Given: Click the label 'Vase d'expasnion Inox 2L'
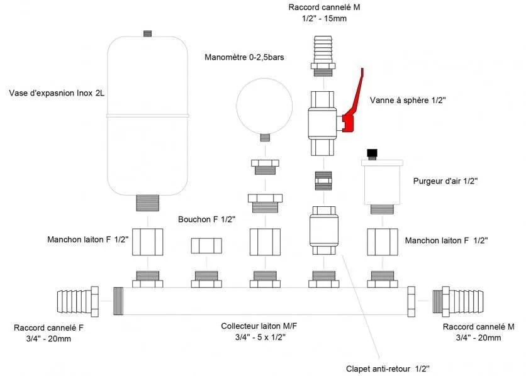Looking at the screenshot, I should [x=57, y=94].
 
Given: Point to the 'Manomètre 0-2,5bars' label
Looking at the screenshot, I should [x=245, y=57].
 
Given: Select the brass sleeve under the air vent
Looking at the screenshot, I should [x=381, y=241].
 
